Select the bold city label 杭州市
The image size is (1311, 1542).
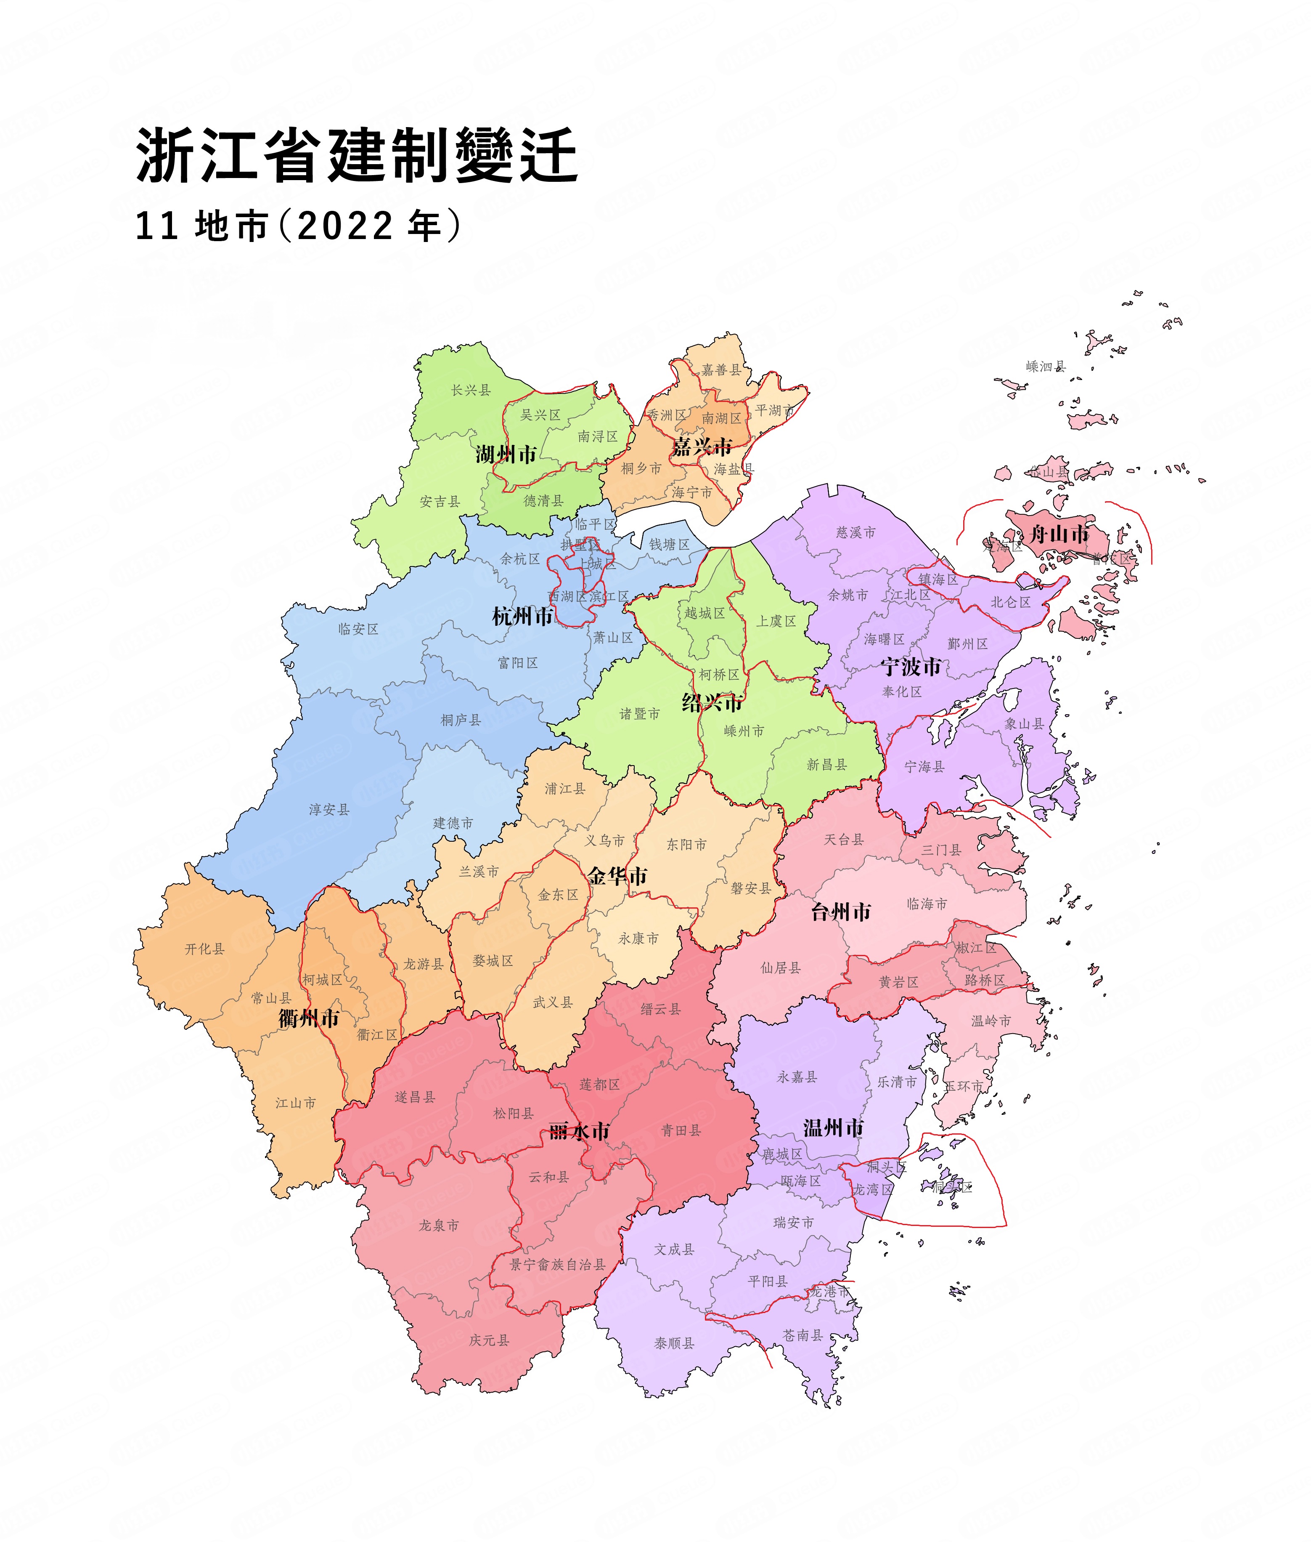coord(522,617)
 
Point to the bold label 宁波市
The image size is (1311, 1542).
coord(911,667)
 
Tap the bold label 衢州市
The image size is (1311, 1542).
coord(308,1018)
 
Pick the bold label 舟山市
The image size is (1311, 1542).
coord(1059,534)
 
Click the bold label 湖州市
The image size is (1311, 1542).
coord(506,454)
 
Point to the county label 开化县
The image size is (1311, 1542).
coord(204,949)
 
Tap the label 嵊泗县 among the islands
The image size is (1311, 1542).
coord(1046,367)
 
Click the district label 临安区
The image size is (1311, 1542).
coord(358,629)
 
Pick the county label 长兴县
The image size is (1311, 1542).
coord(471,390)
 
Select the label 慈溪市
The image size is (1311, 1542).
coord(855,532)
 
